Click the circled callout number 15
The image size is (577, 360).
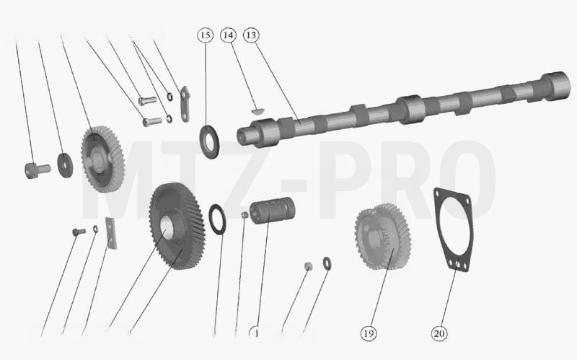pyautogui.click(x=206, y=35)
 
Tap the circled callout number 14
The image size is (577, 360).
pyautogui.click(x=228, y=35)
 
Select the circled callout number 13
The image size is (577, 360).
pyautogui.click(x=251, y=35)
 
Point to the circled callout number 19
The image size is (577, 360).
pyautogui.click(x=369, y=333)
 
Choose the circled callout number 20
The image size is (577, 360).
pyautogui.click(x=439, y=333)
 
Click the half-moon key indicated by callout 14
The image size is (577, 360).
pyautogui.click(x=257, y=110)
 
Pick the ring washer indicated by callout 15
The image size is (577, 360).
pyautogui.click(x=210, y=141)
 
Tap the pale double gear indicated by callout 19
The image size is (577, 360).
pyautogui.click(x=383, y=237)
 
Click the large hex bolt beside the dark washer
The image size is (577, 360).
pyautogui.click(x=37, y=170)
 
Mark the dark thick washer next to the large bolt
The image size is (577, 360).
pyautogui.click(x=65, y=165)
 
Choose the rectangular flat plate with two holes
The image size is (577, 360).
pyautogui.click(x=111, y=233)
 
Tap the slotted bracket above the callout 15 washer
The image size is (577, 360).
pyautogui.click(x=185, y=104)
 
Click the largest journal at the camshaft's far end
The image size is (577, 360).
pyautogui.click(x=555, y=86)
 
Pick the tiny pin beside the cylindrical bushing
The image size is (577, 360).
pyautogui.click(x=245, y=214)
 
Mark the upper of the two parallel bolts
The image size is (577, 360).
pyautogui.click(x=148, y=100)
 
